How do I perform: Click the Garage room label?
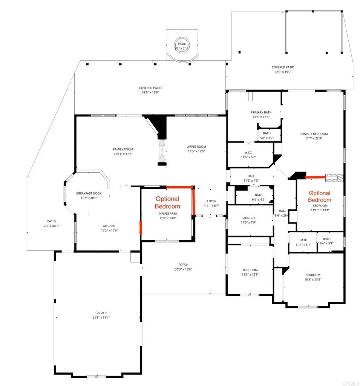pyautogui.click(x=101, y=312)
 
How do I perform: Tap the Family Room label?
pyautogui.click(x=123, y=149)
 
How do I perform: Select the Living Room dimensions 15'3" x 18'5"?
pyautogui.click(x=196, y=152)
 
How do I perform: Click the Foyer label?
pyautogui.click(x=211, y=201)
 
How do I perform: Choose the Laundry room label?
pyautogui.click(x=248, y=218)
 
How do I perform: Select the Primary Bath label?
pyautogui.click(x=261, y=112)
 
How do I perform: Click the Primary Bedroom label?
pyautogui.click(x=313, y=133)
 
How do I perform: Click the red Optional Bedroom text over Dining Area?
pyautogui.click(x=167, y=202)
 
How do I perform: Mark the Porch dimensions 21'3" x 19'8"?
pyautogui.click(x=181, y=269)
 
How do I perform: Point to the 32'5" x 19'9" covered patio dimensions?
pyautogui.click(x=283, y=72)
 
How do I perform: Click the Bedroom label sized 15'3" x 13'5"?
pyautogui.click(x=313, y=275)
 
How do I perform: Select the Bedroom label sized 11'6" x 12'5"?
pyautogui.click(x=250, y=270)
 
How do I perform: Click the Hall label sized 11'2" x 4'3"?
pyautogui.click(x=251, y=176)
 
